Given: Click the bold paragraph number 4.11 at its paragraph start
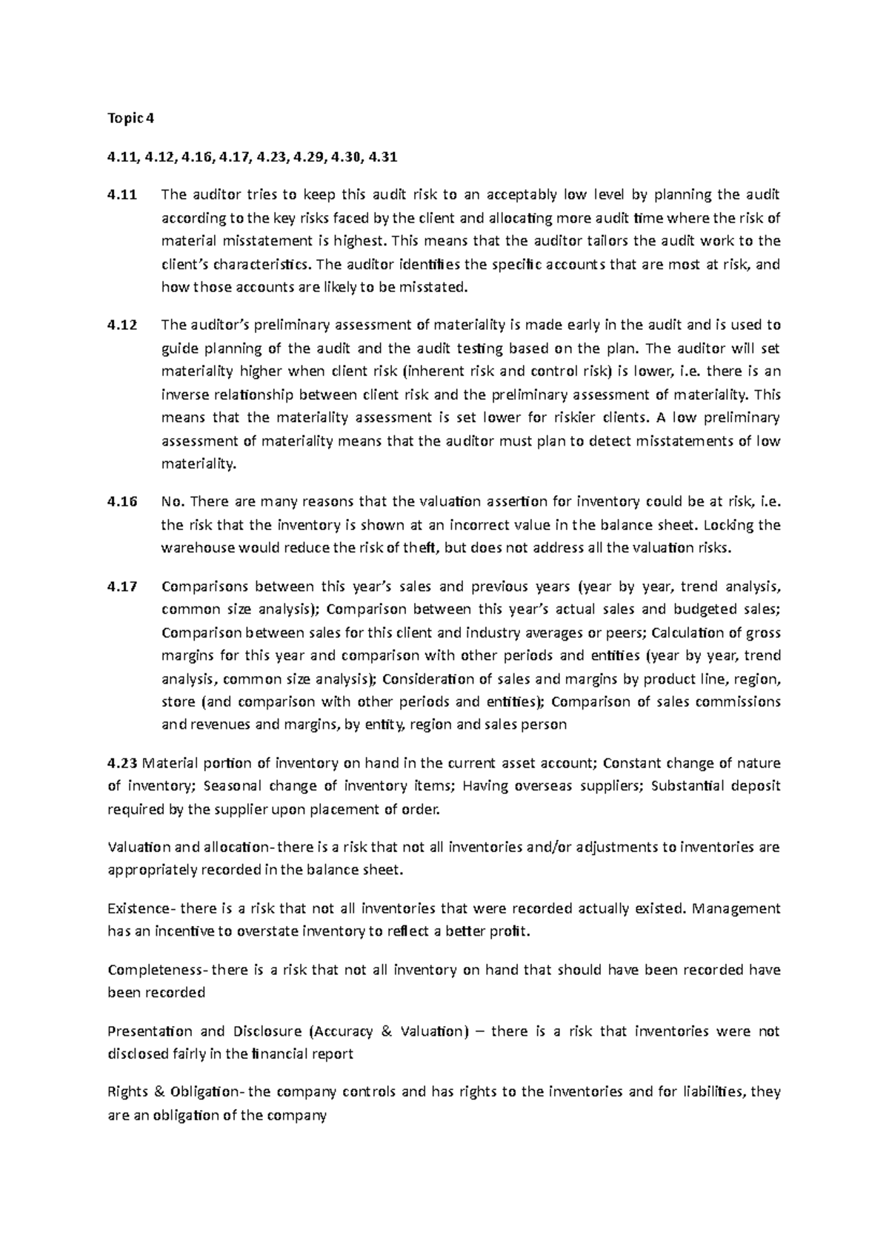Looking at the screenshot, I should [121, 195].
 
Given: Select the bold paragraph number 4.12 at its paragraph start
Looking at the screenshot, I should [121, 325].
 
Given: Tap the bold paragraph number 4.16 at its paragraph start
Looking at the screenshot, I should [121, 501].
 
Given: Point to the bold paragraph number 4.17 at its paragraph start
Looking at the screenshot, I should [121, 586].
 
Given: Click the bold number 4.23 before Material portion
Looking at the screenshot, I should [122, 763].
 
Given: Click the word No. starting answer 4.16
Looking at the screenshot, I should [171, 501].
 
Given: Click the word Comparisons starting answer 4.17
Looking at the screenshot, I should [203, 586].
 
